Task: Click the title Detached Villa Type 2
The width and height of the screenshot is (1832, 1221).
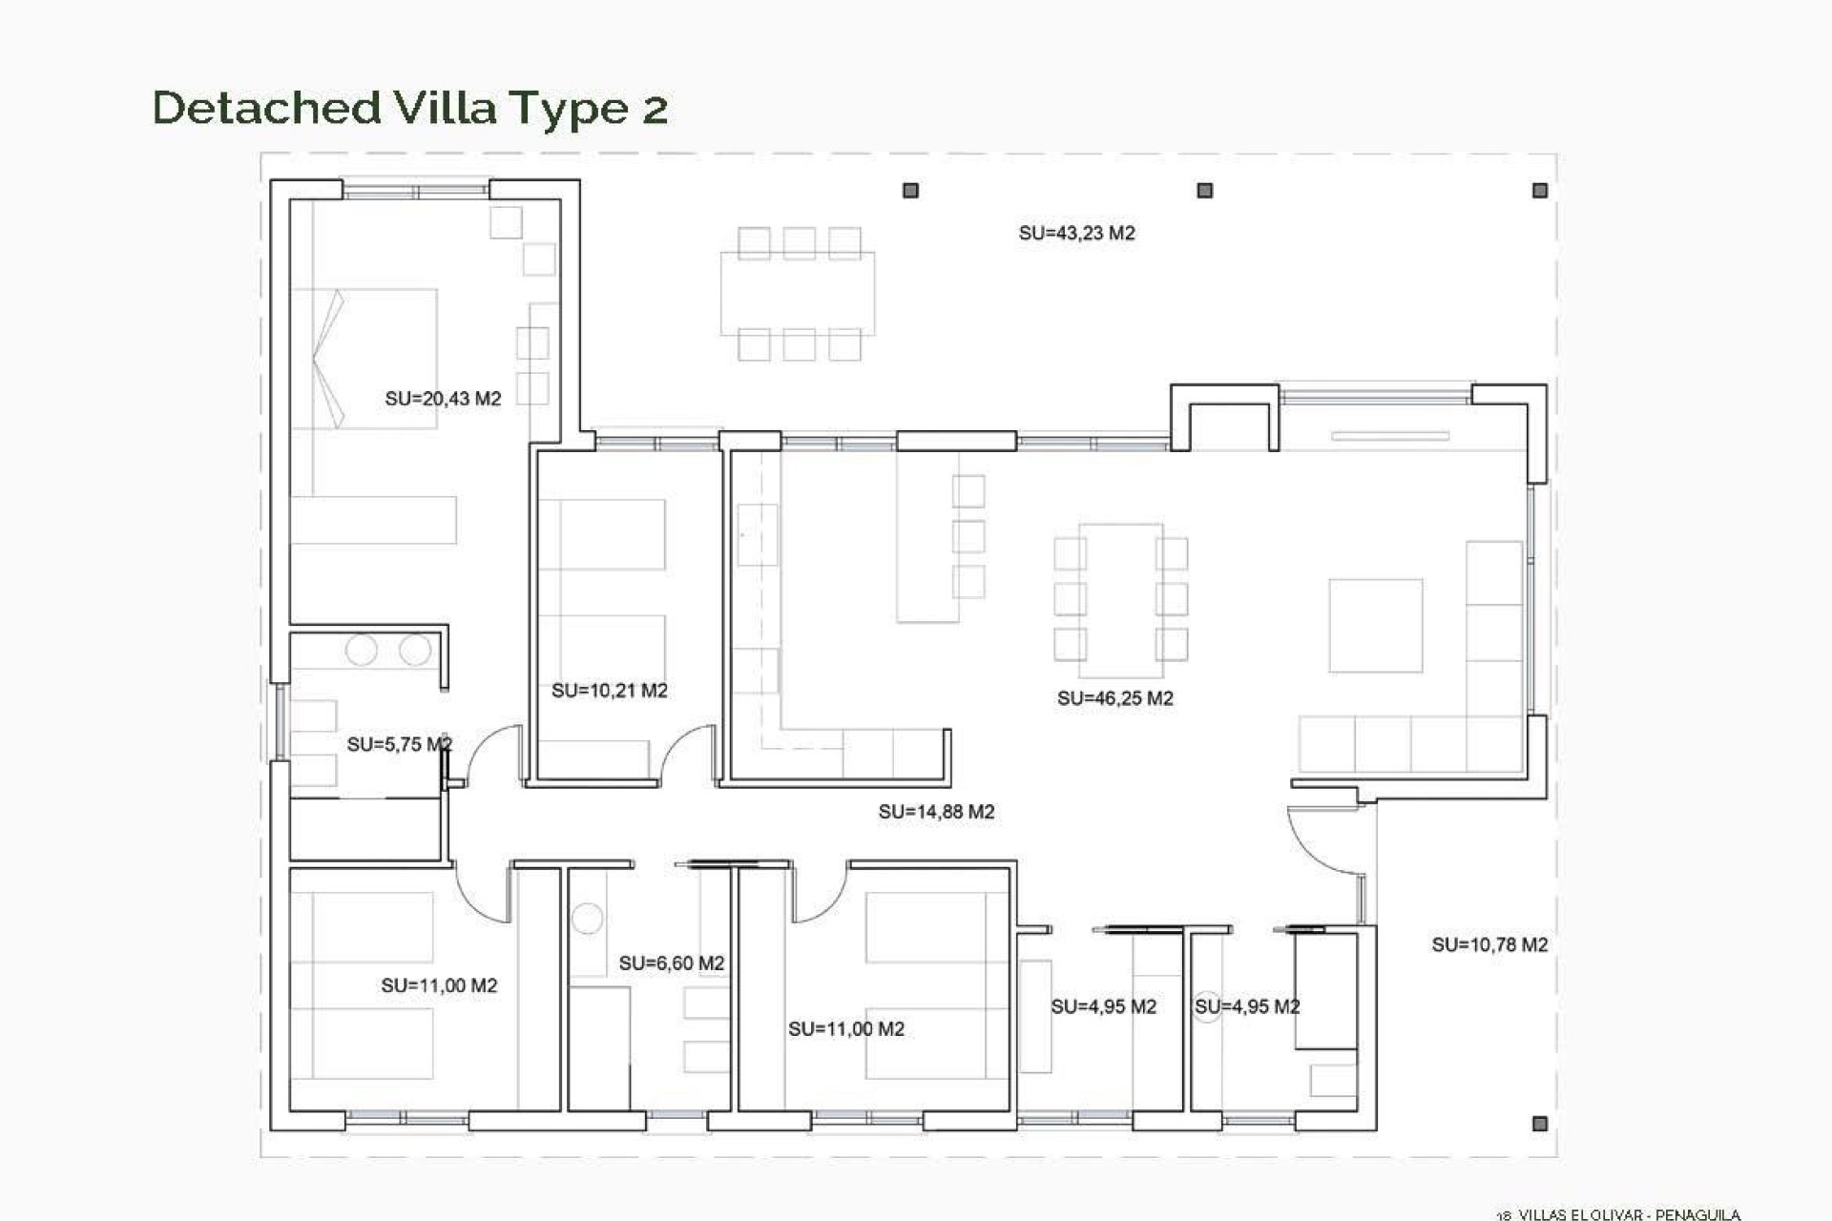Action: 410,107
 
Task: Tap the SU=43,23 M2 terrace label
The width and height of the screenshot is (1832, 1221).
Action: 1076,234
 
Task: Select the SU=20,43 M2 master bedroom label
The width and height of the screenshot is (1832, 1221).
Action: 443,399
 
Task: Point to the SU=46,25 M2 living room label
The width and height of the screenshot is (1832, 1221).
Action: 1114,698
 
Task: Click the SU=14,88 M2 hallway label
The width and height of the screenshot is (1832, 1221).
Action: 936,812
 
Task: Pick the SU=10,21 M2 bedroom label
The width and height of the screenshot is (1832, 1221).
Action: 609,691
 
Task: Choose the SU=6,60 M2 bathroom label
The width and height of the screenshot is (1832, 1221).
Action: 671,963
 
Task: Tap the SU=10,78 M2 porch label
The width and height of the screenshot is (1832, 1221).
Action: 1488,944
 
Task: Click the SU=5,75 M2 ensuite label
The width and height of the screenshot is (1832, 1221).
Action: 399,744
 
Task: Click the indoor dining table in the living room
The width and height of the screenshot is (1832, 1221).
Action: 1121,591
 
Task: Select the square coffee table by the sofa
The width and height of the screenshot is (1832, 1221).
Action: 1375,626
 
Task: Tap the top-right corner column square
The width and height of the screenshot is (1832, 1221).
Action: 1539,191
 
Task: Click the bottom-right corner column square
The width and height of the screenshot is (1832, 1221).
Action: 1539,1125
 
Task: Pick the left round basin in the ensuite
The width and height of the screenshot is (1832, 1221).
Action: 362,651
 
